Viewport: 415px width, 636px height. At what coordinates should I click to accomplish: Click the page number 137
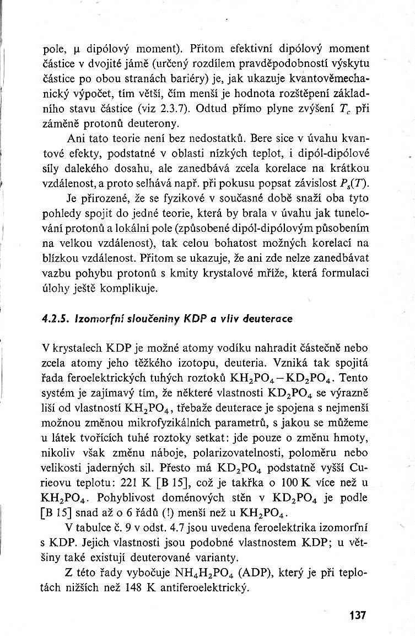click(357, 615)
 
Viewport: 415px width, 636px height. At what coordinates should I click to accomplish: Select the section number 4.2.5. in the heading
click(55, 319)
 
